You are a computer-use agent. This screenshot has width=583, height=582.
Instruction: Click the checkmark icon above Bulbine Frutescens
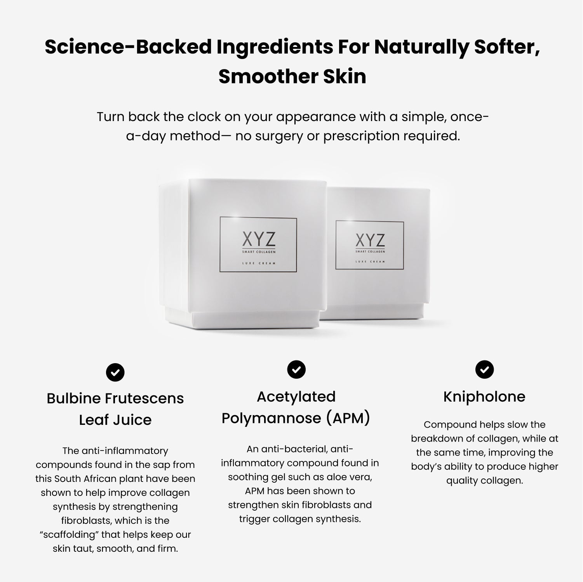point(115,372)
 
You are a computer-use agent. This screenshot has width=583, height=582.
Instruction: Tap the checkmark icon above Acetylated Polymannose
point(296,370)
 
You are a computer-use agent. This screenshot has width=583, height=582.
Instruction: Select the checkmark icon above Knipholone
point(484,370)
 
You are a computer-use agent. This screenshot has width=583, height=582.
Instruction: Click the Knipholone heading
point(484,397)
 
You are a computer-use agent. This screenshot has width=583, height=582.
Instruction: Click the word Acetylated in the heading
point(296,397)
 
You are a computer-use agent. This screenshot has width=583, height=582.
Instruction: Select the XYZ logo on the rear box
point(370,240)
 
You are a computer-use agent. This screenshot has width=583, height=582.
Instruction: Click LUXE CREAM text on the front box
point(259,263)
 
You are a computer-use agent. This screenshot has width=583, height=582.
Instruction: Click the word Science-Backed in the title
point(128,47)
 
